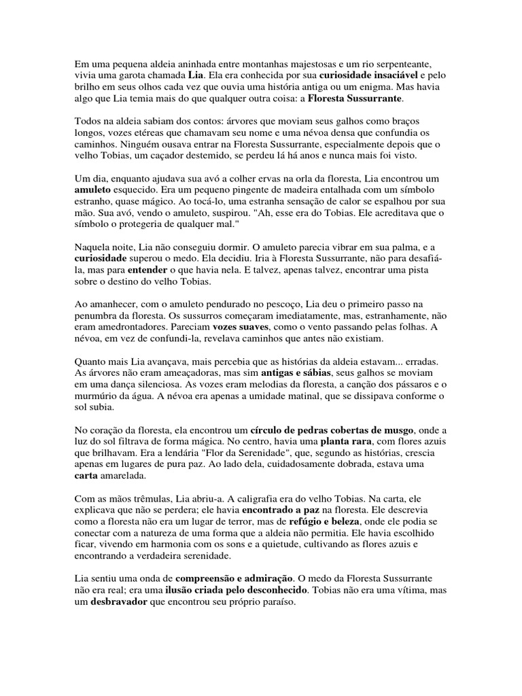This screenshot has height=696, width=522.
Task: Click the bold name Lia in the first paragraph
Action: coord(196,75)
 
